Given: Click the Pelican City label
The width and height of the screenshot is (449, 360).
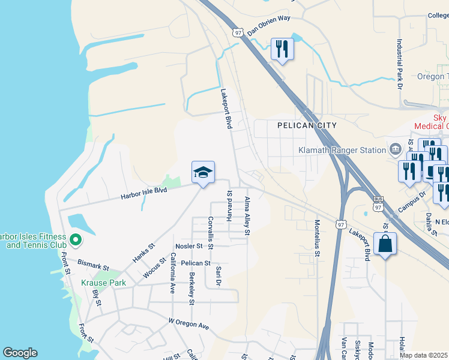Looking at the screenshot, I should click(307, 125).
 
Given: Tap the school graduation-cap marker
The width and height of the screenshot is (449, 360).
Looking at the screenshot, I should click(203, 173).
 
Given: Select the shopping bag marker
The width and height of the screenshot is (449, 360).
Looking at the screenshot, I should click(385, 244).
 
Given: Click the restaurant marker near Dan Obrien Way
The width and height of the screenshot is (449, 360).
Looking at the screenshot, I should click(282, 49).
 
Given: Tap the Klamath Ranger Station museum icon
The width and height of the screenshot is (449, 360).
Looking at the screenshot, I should click(395, 148).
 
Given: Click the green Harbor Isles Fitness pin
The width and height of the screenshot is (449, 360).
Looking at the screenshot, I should click(75, 241).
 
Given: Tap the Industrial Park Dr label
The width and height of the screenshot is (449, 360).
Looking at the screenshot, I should click(400, 64).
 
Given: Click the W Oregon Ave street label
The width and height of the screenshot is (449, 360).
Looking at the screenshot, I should click(188, 324).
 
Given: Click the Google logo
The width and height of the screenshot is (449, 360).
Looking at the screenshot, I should click(20, 353).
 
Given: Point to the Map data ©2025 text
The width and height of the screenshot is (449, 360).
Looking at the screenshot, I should click(424, 355).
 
